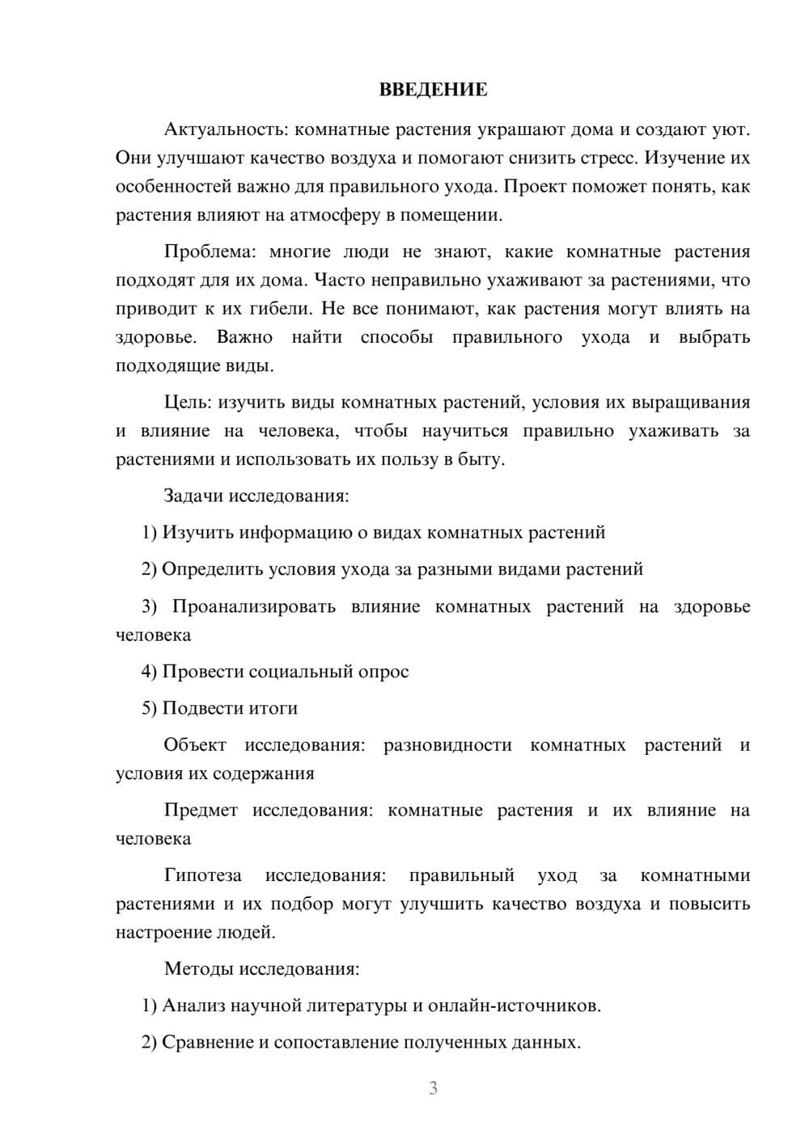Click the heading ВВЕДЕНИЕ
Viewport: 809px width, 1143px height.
click(433, 90)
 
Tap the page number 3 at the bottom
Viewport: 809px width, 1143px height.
click(433, 1088)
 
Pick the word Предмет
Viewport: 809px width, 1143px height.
click(201, 810)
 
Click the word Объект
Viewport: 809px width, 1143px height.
click(195, 744)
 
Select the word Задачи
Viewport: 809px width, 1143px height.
click(193, 496)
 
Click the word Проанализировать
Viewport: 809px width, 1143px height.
click(253, 606)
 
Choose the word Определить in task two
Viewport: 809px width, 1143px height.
click(212, 569)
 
